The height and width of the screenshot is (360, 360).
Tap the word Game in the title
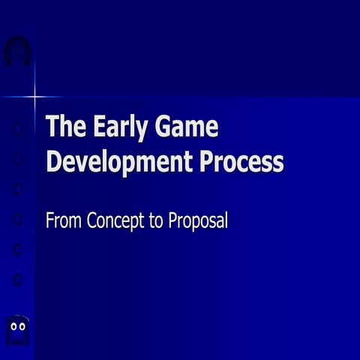187,127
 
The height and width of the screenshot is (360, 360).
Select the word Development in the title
120,162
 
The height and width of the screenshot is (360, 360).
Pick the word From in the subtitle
64,221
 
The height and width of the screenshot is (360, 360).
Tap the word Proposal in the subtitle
197,221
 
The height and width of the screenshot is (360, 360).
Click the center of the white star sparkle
34,97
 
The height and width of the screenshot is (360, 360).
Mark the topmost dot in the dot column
18,129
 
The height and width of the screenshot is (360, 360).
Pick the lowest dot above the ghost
18,279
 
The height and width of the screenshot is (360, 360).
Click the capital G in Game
166,127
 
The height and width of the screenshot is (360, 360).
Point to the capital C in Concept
93,221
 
